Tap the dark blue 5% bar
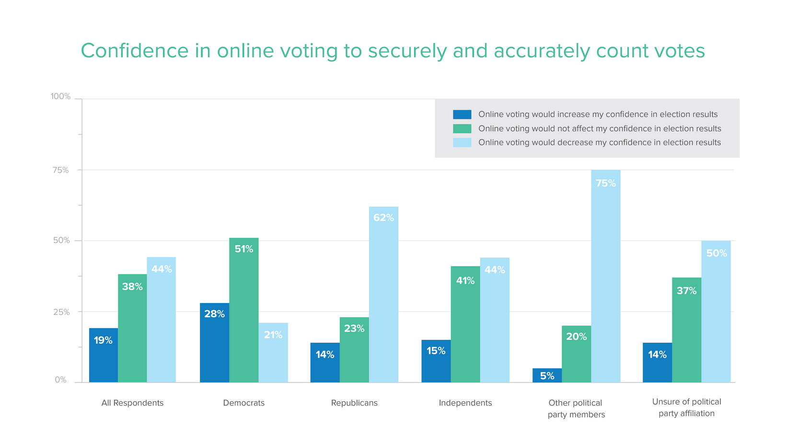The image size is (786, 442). [547, 375]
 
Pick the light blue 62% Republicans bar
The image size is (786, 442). [383, 294]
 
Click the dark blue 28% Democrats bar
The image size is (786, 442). [214, 342]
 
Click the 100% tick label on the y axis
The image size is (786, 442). [60, 97]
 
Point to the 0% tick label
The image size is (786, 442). [60, 380]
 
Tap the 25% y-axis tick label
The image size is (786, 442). [61, 312]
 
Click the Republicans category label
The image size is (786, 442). [354, 403]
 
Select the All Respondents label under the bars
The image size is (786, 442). [132, 403]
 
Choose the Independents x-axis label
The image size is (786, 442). [465, 403]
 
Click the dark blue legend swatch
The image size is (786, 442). [462, 115]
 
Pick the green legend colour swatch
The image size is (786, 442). [462, 128]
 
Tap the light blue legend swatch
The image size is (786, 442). [462, 142]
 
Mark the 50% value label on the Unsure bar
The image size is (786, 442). [717, 253]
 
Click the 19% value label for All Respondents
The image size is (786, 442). [103, 340]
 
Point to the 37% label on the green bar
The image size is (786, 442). [686, 291]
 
